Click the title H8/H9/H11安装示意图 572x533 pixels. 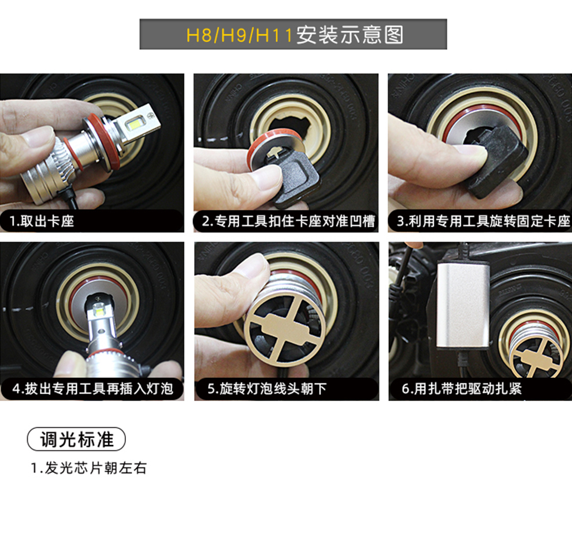pyautogui.click(x=295, y=35)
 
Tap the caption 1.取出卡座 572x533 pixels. pyautogui.click(x=42, y=221)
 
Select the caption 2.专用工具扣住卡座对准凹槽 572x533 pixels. pyautogui.click(x=288, y=221)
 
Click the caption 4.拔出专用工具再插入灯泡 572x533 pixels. pyautogui.click(x=92, y=388)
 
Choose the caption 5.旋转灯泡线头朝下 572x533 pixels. pyautogui.click(x=267, y=388)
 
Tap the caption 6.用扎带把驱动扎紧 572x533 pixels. pyautogui.click(x=462, y=388)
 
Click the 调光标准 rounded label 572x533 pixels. pyautogui.click(x=77, y=439)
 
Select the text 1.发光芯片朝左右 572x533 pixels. pyautogui.click(x=88, y=468)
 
